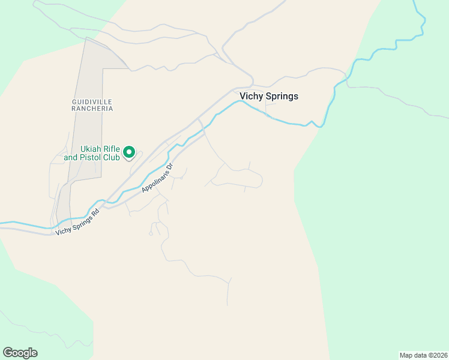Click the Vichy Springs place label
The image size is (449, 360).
268,96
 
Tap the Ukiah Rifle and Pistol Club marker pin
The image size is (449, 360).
129,154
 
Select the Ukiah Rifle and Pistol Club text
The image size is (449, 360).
100,153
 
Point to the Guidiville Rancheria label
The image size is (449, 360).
92,105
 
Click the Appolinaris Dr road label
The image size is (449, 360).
157,177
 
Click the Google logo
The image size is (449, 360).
20,353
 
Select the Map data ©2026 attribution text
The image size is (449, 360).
423,355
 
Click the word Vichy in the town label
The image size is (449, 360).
251,96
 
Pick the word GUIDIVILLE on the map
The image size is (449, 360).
92,101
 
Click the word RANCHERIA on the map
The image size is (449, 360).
92,109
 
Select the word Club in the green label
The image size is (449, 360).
111,158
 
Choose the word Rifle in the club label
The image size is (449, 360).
113,149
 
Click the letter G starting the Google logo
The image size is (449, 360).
8,353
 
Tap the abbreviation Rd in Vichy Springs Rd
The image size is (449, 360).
95,212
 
